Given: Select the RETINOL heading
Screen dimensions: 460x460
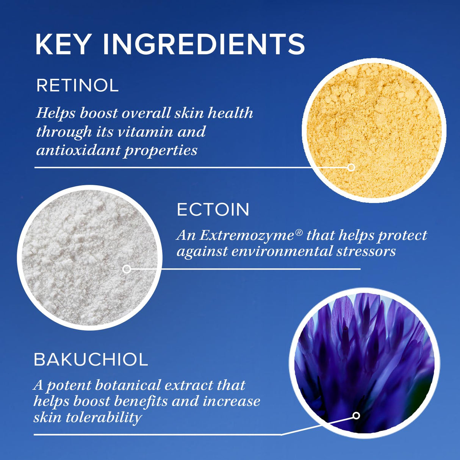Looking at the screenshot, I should [x=77, y=86].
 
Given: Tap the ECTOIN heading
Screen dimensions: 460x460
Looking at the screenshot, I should [x=213, y=210].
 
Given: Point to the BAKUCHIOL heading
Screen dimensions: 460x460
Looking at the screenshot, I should [x=91, y=360].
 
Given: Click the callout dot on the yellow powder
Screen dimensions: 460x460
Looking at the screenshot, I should [x=351, y=167].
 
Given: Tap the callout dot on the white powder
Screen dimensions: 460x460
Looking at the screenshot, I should [x=127, y=269].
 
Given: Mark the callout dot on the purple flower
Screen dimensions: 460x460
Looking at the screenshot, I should [x=356, y=416].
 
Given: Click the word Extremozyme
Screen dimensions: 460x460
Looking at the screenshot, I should [x=247, y=236].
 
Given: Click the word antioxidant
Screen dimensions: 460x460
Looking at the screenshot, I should [x=77, y=150].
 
